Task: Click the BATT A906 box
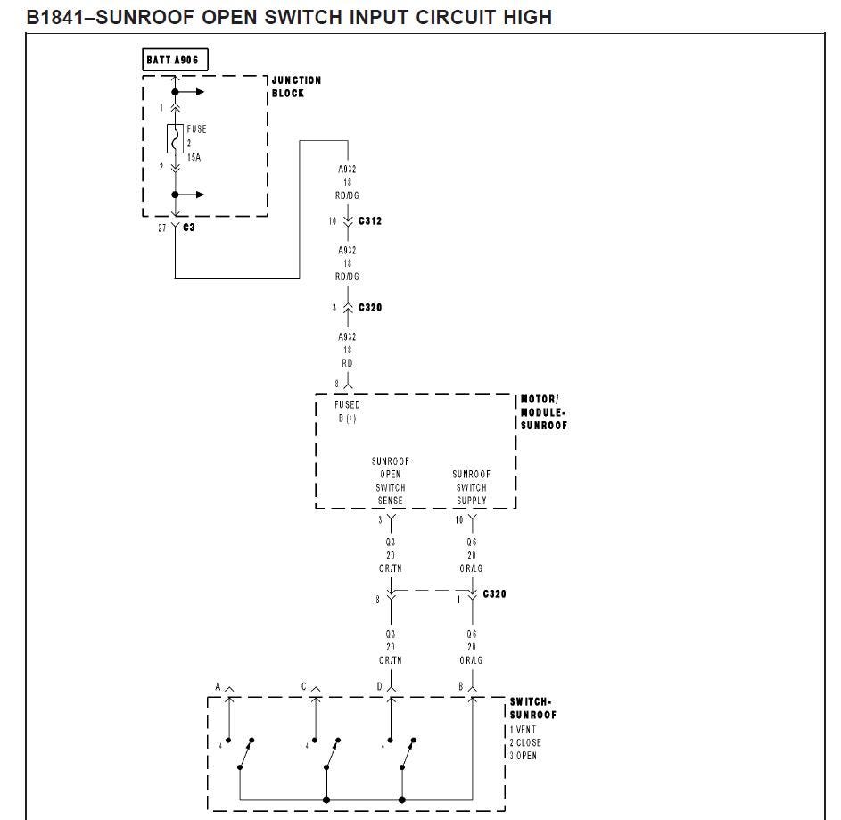pos(175,60)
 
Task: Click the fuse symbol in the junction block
pos(175,139)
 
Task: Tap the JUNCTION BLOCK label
pos(296,87)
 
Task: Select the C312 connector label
pos(370,220)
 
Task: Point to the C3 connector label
pos(189,228)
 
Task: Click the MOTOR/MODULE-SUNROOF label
pos(543,412)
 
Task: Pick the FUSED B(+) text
pos(347,411)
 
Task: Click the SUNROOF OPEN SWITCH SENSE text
pos(391,481)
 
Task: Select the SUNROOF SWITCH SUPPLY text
pos(472,487)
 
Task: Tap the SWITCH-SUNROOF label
pos(532,708)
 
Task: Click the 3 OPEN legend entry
pos(523,756)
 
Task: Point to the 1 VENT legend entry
pos(523,730)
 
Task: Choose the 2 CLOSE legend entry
pos(525,742)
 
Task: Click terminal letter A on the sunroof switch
pos(218,686)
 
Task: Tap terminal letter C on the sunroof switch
pos(303,686)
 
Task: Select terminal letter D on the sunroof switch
pos(379,686)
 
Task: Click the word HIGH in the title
pos(528,17)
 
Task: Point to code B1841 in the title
pos(55,17)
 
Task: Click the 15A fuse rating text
pos(194,157)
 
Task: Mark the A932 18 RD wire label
pos(347,350)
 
